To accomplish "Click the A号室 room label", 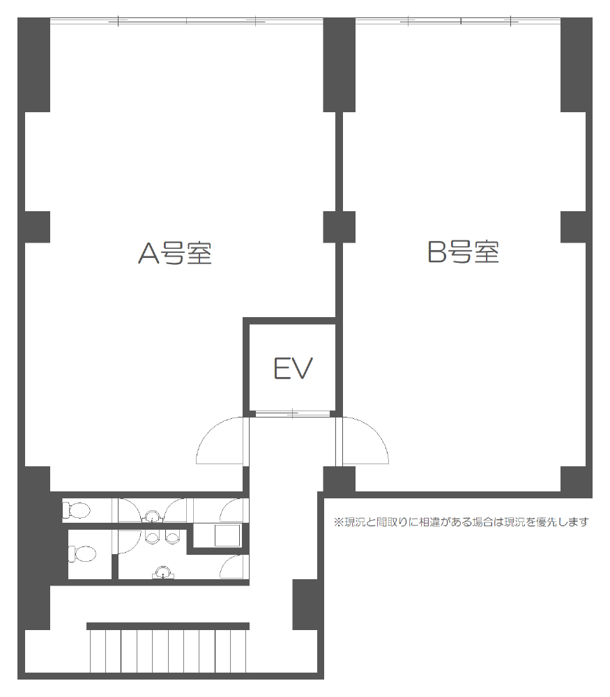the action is pos(175,254).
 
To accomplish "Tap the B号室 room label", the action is pos(464,252).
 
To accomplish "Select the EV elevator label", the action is pos(293,369).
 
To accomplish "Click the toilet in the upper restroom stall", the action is pos(77,510).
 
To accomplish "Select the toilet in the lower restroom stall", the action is pos(82,554).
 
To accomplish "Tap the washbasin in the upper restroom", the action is pos(153,517).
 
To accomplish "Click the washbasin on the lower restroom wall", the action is pos(163,572).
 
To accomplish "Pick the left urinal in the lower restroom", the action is pos(152,537).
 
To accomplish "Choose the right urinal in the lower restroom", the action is pos(171,537).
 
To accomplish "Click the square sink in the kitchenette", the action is pos(227,535).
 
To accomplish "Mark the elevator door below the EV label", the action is pos(293,414).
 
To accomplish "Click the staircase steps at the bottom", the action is pos(168,651).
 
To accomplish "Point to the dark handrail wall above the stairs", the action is pos(168,627).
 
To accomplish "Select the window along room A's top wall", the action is pos(187,21).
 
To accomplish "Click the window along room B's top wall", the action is pos(459,21).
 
